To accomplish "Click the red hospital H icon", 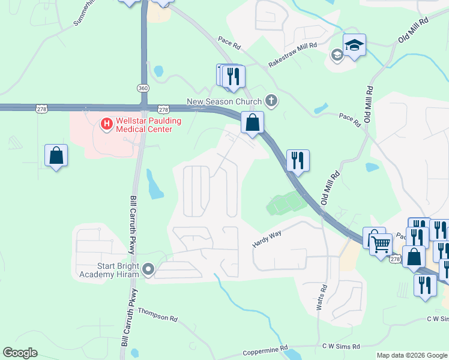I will tap(107, 124).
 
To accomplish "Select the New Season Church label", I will tap(224, 101).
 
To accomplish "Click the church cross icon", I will tap(271, 100).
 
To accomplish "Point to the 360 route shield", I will tap(142, 88).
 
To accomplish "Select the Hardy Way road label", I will tap(267, 239).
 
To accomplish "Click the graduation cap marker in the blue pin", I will tap(354, 45).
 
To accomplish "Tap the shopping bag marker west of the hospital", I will tap(56, 155).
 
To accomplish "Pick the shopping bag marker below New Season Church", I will tap(253, 122).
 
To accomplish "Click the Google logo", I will tap(20, 353).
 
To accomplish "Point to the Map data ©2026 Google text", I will tap(412, 355).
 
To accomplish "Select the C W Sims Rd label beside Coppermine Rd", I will tap(340, 346).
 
